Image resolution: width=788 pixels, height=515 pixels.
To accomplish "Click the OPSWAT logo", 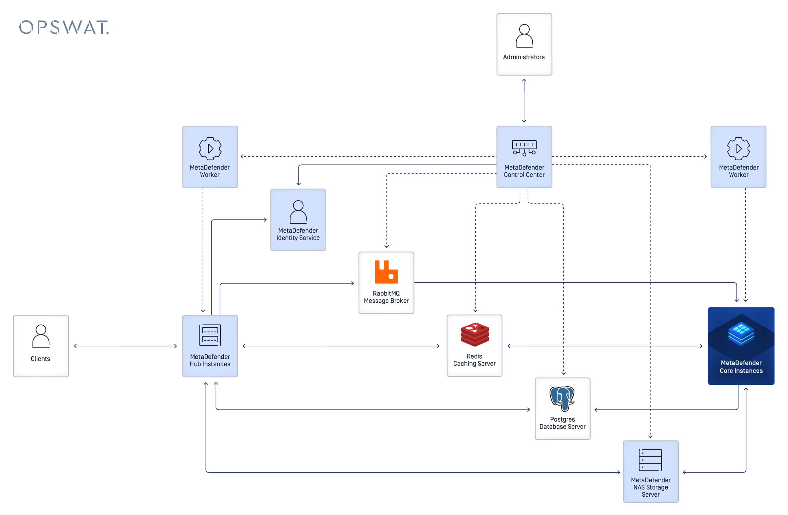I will tap(64, 28).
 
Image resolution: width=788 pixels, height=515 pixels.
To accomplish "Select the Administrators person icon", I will tap(524, 36).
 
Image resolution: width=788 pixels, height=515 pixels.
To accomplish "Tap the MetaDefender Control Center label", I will tap(524, 171).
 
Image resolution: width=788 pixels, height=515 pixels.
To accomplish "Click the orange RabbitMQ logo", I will tap(386, 272).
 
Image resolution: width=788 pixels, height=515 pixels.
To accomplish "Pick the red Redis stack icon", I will tap(475, 334).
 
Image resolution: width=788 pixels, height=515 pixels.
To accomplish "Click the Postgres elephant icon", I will tap(562, 398).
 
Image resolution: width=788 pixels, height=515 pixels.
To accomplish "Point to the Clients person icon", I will tap(41, 336).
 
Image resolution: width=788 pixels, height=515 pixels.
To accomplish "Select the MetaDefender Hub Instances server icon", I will tap(210, 335).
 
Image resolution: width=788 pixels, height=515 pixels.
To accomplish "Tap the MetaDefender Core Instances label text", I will tap(741, 367).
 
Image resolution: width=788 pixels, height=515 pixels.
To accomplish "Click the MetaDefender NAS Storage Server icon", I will tap(650, 460).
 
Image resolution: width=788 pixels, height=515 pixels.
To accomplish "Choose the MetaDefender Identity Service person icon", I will tap(298, 212).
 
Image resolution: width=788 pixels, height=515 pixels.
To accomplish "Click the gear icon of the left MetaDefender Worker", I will tap(210, 148).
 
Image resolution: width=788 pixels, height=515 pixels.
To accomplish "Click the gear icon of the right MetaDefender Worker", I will tap(738, 148).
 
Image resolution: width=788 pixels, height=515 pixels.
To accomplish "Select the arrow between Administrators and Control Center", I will tap(524, 101).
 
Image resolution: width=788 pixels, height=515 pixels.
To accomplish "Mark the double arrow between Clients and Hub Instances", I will tap(126, 346).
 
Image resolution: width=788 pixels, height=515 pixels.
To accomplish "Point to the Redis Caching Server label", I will tap(474, 360).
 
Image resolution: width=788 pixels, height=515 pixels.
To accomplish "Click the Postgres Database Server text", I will tap(562, 423).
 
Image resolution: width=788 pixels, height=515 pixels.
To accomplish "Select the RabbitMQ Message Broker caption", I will tap(386, 297).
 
